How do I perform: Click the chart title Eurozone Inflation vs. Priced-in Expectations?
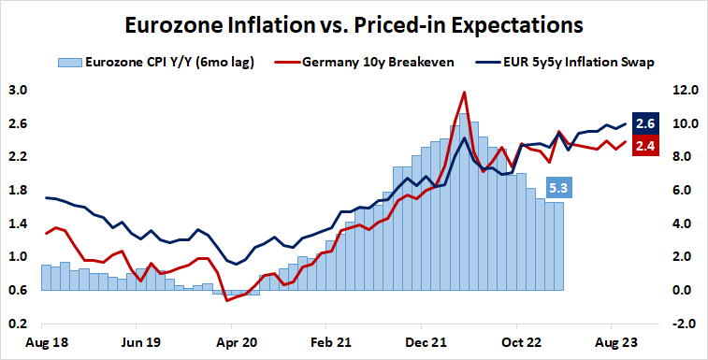(354, 22)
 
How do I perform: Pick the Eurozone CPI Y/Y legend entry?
(158, 63)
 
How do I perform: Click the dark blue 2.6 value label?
(644, 123)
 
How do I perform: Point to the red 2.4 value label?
(644, 145)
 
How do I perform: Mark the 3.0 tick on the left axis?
(18, 91)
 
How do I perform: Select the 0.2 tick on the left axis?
(18, 324)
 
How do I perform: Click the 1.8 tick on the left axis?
(18, 191)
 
